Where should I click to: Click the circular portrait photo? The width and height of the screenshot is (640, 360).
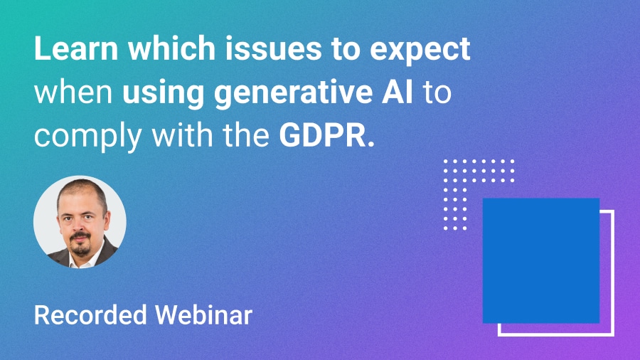(x=80, y=222)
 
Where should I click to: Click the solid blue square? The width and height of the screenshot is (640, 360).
(x=541, y=260)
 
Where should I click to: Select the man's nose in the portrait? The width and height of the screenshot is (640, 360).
(x=79, y=228)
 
